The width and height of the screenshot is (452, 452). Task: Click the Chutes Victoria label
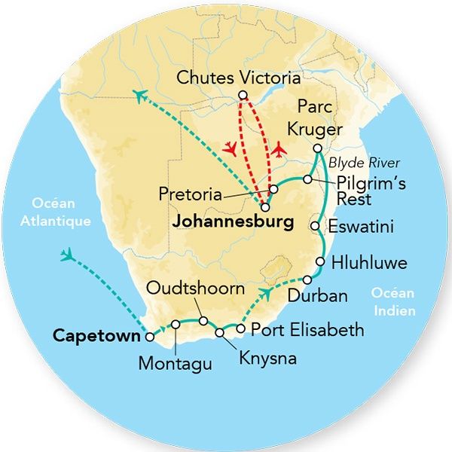(x=238, y=78)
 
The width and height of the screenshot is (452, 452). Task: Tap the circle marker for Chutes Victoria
(x=243, y=95)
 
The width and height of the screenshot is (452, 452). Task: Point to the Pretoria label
(x=190, y=194)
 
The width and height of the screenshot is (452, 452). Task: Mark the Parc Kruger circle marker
(x=318, y=148)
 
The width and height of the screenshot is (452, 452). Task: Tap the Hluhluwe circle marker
(x=320, y=262)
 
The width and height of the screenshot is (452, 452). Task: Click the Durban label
(x=317, y=296)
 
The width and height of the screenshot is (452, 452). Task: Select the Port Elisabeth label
(x=307, y=330)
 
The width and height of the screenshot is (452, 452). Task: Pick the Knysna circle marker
(x=220, y=332)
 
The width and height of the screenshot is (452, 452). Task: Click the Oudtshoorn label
(x=195, y=289)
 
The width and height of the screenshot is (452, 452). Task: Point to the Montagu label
(x=175, y=364)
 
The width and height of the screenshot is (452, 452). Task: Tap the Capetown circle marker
(x=151, y=337)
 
